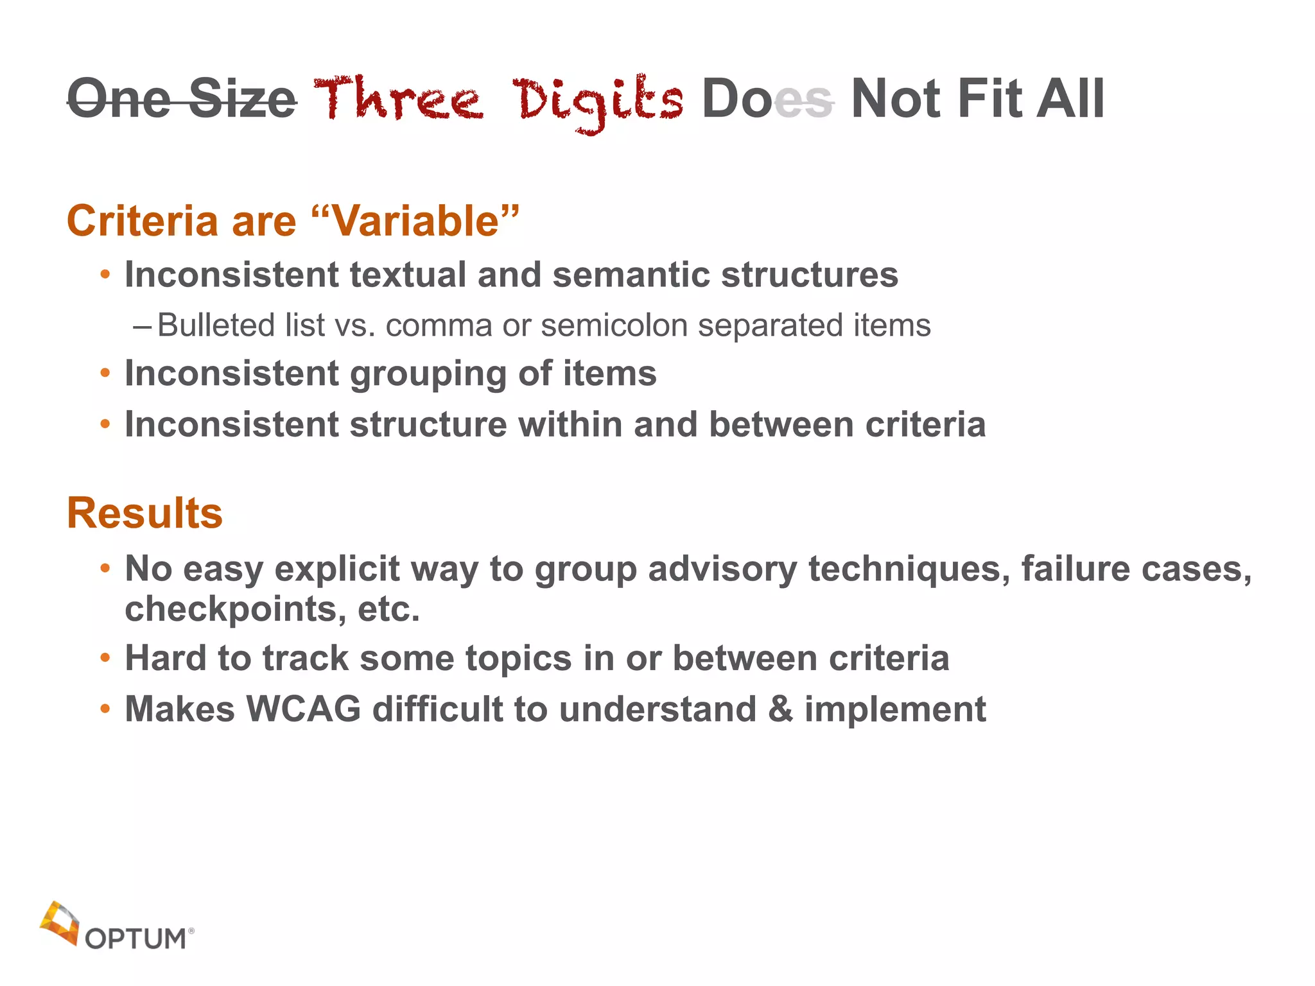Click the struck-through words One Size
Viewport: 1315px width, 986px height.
pos(182,99)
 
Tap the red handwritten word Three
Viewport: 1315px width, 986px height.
pos(398,99)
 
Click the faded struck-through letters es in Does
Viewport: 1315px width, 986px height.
pos(803,101)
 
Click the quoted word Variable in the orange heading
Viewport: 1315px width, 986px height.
pos(417,221)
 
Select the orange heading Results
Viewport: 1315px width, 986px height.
pos(145,513)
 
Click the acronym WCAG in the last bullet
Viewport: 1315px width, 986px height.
pos(304,709)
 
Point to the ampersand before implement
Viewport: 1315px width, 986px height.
pos(780,709)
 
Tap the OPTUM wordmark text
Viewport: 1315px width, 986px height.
pos(135,939)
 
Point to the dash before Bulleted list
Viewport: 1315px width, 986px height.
pos(142,326)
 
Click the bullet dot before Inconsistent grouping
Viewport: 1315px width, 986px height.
pos(105,374)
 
